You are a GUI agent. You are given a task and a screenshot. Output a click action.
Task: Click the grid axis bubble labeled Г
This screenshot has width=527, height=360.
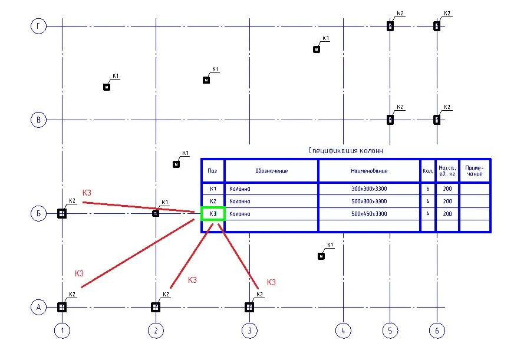(x=38, y=26)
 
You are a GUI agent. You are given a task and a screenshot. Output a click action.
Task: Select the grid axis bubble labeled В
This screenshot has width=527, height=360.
(x=38, y=120)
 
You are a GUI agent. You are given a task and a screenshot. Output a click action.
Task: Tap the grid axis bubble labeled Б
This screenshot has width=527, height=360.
(x=38, y=213)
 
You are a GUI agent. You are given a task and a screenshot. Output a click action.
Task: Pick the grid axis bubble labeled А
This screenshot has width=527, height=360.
(x=38, y=307)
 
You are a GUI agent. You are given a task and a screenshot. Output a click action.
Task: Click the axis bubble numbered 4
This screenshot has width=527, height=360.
(x=342, y=331)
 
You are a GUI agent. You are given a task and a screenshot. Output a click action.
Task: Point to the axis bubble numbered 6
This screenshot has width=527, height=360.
(x=437, y=331)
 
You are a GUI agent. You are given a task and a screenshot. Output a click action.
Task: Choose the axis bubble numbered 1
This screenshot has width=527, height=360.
(x=62, y=331)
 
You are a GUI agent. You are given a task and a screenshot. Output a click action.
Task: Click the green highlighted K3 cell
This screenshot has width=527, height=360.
(x=213, y=213)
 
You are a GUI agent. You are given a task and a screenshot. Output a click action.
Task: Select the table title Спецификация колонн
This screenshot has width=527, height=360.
(x=346, y=150)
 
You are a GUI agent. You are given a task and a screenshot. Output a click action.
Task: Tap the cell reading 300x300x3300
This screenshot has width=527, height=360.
(x=369, y=189)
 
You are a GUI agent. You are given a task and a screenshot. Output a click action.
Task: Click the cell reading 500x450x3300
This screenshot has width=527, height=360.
(x=369, y=213)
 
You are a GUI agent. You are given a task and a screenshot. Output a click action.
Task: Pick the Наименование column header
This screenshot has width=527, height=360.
(x=369, y=171)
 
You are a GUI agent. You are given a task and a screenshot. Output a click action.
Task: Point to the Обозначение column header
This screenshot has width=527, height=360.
(x=271, y=171)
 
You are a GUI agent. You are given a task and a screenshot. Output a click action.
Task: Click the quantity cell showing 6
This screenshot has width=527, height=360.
(x=427, y=189)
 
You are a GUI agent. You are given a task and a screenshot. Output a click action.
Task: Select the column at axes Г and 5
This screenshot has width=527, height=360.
(x=390, y=26)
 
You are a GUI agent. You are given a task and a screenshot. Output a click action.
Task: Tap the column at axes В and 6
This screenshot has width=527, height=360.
(x=437, y=120)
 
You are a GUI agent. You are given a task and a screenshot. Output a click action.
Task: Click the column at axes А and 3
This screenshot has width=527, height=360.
(x=249, y=307)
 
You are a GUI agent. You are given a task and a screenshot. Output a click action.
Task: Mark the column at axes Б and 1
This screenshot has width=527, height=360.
(x=62, y=213)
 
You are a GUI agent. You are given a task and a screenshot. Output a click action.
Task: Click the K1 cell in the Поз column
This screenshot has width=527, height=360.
(x=213, y=189)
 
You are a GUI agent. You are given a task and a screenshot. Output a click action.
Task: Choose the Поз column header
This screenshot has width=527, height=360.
(x=213, y=171)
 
